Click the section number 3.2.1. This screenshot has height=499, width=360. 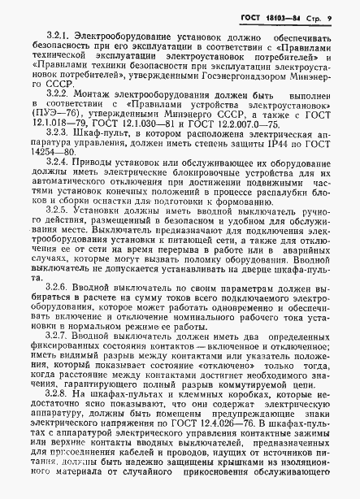coord(59,37)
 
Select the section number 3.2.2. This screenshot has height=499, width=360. coord(59,94)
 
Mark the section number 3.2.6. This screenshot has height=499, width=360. coord(59,310)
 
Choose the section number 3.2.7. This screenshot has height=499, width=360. coord(59,358)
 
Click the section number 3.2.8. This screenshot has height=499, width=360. coord(59,416)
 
